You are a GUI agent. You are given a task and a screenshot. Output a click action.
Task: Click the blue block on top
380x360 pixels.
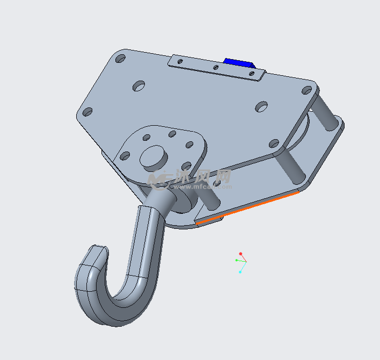click(x=238, y=63)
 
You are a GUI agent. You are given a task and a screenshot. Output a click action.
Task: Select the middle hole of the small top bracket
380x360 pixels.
click(x=216, y=68)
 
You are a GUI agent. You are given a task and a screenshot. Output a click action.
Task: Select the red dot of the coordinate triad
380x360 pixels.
click(x=240, y=254)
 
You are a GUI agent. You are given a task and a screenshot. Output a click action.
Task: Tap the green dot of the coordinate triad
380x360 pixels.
click(x=237, y=260)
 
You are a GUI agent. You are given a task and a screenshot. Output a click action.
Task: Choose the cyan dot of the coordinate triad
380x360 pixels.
click(x=240, y=272)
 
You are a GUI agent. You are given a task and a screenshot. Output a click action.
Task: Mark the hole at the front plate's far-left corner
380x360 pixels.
click(x=87, y=112)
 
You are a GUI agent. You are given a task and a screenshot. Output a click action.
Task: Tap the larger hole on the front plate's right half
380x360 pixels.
click(x=261, y=106)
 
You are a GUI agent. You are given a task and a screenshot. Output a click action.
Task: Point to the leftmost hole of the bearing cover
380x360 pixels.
click(x=125, y=156)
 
